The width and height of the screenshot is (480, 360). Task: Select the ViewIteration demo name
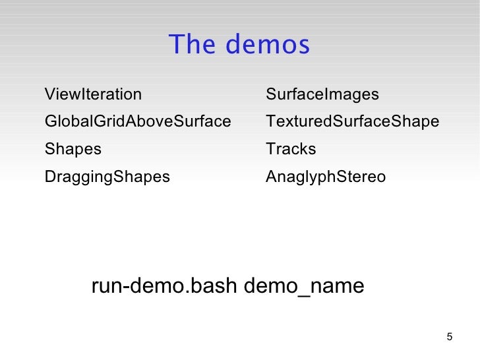pyautogui.click(x=93, y=95)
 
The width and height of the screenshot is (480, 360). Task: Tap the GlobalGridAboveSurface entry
pyautogui.click(x=138, y=122)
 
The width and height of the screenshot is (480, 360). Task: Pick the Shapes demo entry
pyautogui.click(x=73, y=150)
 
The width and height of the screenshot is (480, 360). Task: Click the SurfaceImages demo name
pyautogui.click(x=322, y=95)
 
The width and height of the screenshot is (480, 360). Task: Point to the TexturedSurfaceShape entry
pyautogui.click(x=352, y=122)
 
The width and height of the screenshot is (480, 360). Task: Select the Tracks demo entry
pyautogui.click(x=291, y=150)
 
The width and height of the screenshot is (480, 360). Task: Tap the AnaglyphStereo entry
pyautogui.click(x=326, y=177)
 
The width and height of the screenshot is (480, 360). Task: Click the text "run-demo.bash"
pyautogui.click(x=164, y=287)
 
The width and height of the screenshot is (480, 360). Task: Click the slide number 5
pyautogui.click(x=450, y=338)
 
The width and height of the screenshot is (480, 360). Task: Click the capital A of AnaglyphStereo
pyautogui.click(x=271, y=177)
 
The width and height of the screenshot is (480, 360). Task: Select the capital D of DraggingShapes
pyautogui.click(x=49, y=177)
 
